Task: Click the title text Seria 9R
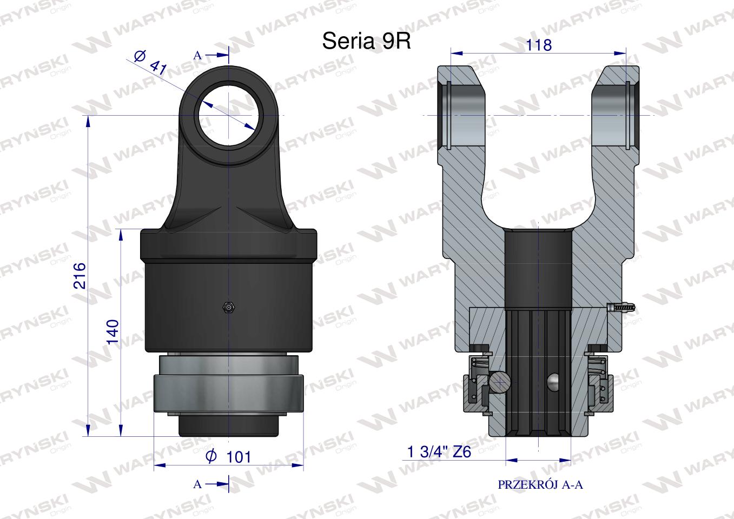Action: pos(366,41)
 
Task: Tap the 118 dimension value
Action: pos(538,45)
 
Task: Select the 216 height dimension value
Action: pos(80,275)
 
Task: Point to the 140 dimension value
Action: pos(113,331)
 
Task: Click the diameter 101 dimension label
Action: pos(228,456)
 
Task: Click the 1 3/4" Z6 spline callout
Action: pos(439,452)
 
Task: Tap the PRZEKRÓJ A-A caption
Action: pos(540,484)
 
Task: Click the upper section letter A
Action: pos(197,56)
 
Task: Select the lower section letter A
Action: pos(197,484)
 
